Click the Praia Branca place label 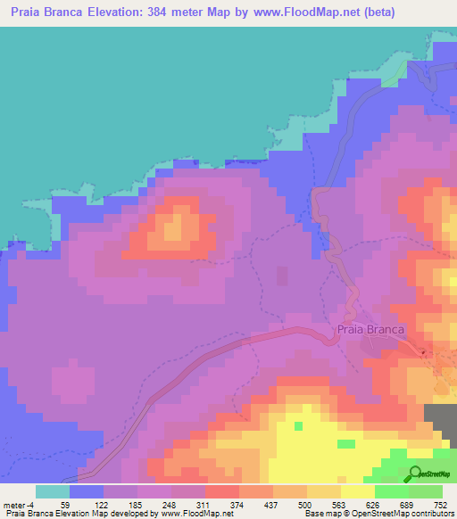click(370, 329)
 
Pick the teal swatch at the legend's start click(52, 491)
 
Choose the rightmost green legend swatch click(425, 491)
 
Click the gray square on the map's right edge click(439, 419)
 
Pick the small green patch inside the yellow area click(345, 443)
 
